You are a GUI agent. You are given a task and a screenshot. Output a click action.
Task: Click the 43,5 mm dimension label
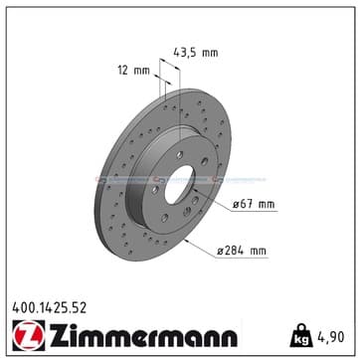pyautogui.click(x=196, y=53)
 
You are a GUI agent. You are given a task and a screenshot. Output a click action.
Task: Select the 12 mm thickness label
pyautogui.click(x=134, y=71)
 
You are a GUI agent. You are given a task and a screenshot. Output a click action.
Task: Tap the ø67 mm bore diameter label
pyautogui.click(x=254, y=204)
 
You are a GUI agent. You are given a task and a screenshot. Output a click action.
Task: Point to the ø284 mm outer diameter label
pyautogui.click(x=242, y=251)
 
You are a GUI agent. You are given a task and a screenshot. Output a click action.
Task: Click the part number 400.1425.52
pyautogui.click(x=49, y=308)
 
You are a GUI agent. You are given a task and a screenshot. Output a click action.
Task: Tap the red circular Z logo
pyautogui.click(x=29, y=335)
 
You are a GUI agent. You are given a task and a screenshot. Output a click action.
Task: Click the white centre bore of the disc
pyautogui.click(x=179, y=184)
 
